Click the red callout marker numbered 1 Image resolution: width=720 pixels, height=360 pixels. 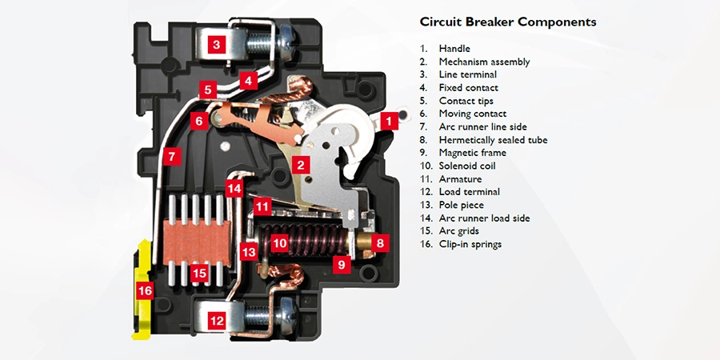[389, 122]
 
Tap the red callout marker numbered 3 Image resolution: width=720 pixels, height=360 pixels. [216, 45]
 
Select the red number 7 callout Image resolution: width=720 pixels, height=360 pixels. [171, 156]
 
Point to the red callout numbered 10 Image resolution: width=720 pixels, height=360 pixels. [279, 242]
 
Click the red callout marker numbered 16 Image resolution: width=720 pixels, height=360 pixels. [145, 291]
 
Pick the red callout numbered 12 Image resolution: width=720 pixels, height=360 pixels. [216, 321]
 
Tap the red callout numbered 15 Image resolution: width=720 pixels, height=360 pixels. [200, 274]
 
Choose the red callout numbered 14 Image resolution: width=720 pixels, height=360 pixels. [234, 190]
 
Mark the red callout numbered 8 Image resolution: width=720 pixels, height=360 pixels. [380, 242]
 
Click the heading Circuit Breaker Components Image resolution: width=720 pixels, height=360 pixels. [508, 22]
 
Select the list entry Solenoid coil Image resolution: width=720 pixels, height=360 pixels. [467, 166]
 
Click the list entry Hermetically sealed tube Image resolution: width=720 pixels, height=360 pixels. [493, 140]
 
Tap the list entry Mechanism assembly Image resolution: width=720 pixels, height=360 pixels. [484, 62]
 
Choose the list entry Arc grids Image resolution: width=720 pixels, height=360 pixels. [458, 231]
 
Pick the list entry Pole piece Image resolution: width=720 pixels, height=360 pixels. [462, 205]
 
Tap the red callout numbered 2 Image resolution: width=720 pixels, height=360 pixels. [300, 166]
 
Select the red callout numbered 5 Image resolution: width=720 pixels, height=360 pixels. [207, 90]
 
